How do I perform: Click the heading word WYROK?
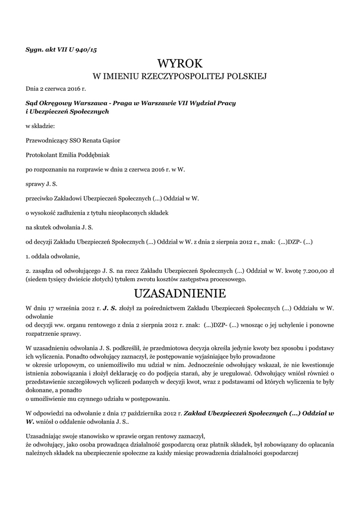click(x=180, y=63)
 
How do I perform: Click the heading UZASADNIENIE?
click(x=180, y=293)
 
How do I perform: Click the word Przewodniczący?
click(x=46, y=140)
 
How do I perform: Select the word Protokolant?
click(x=41, y=155)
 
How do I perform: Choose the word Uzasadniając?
click(x=46, y=436)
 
